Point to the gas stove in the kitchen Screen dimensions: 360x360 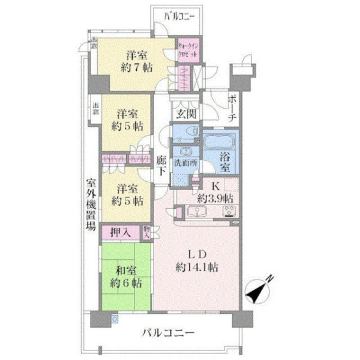click(229, 210)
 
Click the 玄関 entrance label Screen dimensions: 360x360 click(184, 113)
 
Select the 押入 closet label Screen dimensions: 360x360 click(124, 232)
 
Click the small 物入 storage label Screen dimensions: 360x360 click(147, 232)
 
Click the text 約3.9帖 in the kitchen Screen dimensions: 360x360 click(215, 198)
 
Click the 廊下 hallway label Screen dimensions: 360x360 click(161, 166)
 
